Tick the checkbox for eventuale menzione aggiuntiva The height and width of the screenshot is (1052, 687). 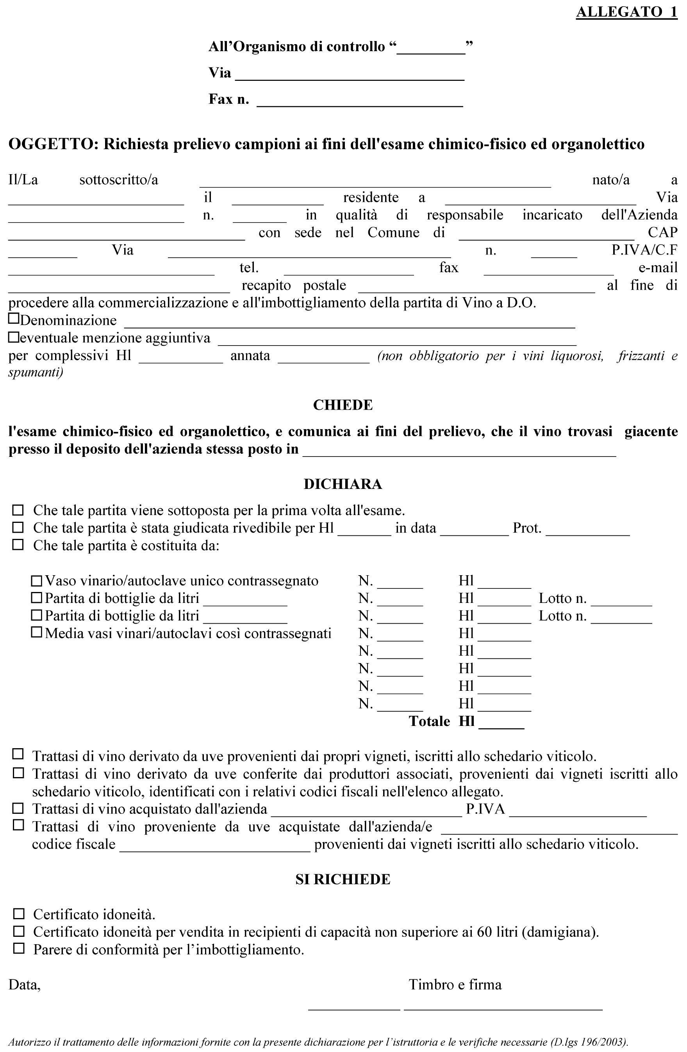tap(14, 337)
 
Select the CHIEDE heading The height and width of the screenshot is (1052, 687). tap(343, 405)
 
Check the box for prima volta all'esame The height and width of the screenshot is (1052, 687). tap(18, 510)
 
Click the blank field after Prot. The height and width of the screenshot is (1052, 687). tap(587, 532)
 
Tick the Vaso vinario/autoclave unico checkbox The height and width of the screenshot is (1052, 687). tap(37, 580)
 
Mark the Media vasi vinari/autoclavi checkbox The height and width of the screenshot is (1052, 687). tap(37, 633)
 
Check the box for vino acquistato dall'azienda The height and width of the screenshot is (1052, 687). tap(18, 808)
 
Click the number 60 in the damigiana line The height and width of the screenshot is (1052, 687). tap(485, 932)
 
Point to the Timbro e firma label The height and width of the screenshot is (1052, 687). tap(455, 984)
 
